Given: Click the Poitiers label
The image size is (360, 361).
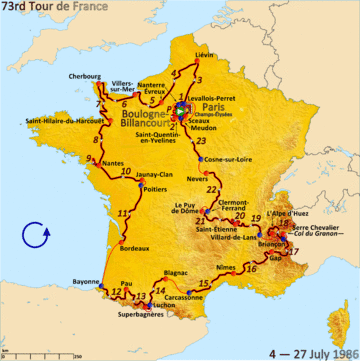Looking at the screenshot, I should tap(154, 188).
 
